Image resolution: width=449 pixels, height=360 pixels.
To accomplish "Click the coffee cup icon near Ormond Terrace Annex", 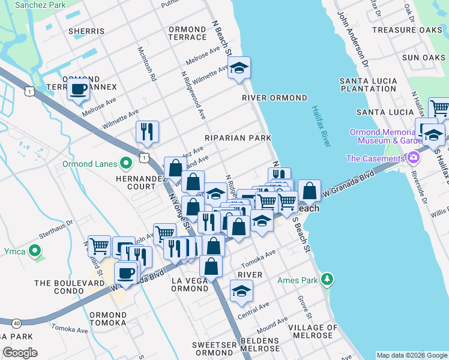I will click(77, 89).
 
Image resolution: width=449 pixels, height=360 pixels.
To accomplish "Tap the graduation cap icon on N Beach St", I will click(239, 68).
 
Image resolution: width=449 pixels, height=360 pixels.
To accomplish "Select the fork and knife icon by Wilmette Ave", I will click(147, 131).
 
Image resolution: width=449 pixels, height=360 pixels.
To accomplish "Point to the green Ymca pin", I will click(35, 251).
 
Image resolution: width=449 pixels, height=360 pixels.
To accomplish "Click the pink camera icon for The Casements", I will click(413, 158).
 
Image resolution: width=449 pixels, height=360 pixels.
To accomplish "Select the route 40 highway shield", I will click(16, 323).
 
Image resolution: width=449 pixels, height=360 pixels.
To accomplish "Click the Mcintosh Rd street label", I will click(146, 64).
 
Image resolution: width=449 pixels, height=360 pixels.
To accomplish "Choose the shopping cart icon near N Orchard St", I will click(99, 245).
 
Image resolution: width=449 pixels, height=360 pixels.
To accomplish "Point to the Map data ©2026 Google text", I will click(412, 355).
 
